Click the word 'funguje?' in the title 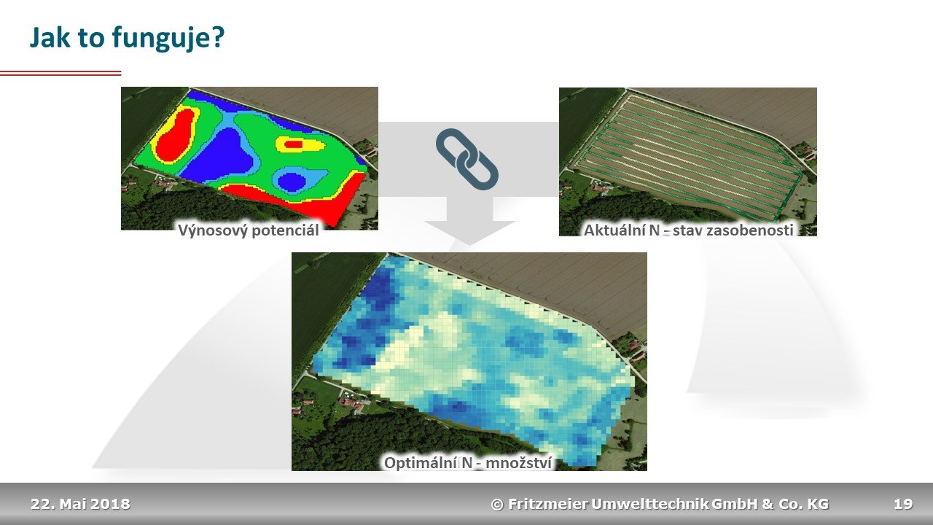(x=168, y=39)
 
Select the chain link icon (x=467, y=159)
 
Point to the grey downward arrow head (x=469, y=233)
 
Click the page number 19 (x=903, y=504)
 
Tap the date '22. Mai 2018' (x=80, y=504)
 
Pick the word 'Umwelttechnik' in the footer (x=649, y=504)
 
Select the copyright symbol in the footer (x=497, y=505)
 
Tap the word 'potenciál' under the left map (x=285, y=230)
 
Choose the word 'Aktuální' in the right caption (x=614, y=230)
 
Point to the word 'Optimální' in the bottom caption (x=421, y=463)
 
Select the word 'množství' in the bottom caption (x=519, y=463)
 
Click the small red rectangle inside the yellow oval (x=293, y=144)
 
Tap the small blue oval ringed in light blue (x=292, y=182)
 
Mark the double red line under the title (x=60, y=74)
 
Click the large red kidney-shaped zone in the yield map (x=176, y=135)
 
